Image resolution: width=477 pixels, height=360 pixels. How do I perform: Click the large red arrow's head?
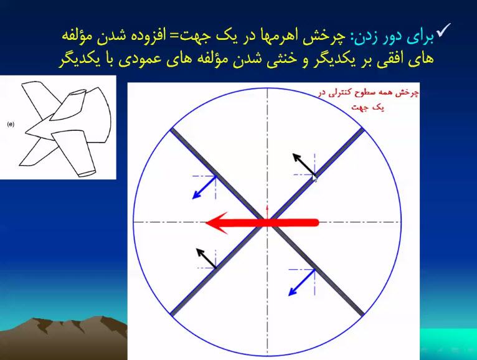point(217,223)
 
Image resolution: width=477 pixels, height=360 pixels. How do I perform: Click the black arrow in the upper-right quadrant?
point(303,164)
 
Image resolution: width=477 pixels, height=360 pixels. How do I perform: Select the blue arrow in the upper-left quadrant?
point(204,187)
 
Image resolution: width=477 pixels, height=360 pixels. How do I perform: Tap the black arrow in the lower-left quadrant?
point(206,258)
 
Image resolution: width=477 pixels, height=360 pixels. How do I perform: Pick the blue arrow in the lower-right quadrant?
point(301,283)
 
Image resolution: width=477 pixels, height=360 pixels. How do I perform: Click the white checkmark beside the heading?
point(443,31)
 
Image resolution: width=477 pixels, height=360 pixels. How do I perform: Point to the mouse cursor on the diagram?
point(314,178)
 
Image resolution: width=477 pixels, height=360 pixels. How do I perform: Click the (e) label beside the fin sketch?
point(11,124)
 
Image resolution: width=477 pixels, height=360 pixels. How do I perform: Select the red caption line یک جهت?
point(368,108)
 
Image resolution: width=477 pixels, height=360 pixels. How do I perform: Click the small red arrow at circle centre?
point(267,212)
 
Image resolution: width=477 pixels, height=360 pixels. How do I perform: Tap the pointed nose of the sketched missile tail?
point(26,132)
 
